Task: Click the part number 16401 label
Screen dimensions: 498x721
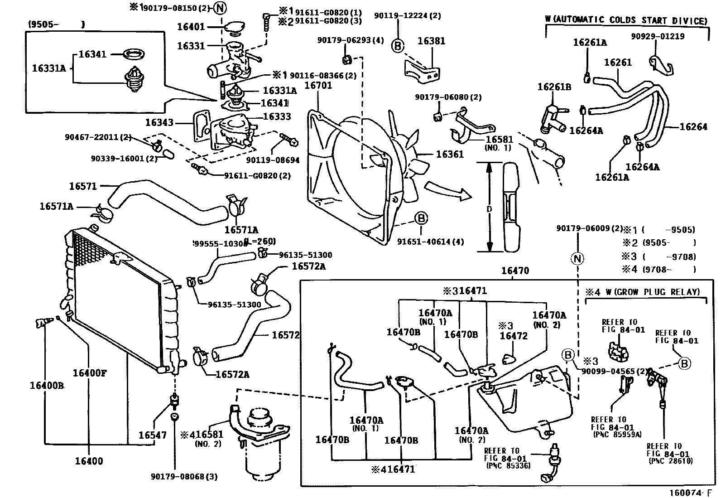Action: coord(191,27)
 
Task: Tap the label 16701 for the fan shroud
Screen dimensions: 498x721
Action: coord(318,85)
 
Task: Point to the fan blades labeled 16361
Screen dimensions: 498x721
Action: coord(413,154)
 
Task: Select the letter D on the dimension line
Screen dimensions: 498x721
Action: coord(489,209)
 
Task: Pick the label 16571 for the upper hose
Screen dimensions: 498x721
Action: coord(83,186)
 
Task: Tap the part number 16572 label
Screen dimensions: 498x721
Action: coord(285,335)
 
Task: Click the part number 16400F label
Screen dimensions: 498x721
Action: coord(90,373)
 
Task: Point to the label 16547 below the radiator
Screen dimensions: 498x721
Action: coord(153,435)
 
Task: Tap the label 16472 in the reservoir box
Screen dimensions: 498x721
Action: coord(514,336)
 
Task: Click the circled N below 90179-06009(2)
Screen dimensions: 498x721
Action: coord(577,259)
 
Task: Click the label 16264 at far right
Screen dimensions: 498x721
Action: coord(693,127)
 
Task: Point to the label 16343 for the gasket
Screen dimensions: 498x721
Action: coord(159,123)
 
